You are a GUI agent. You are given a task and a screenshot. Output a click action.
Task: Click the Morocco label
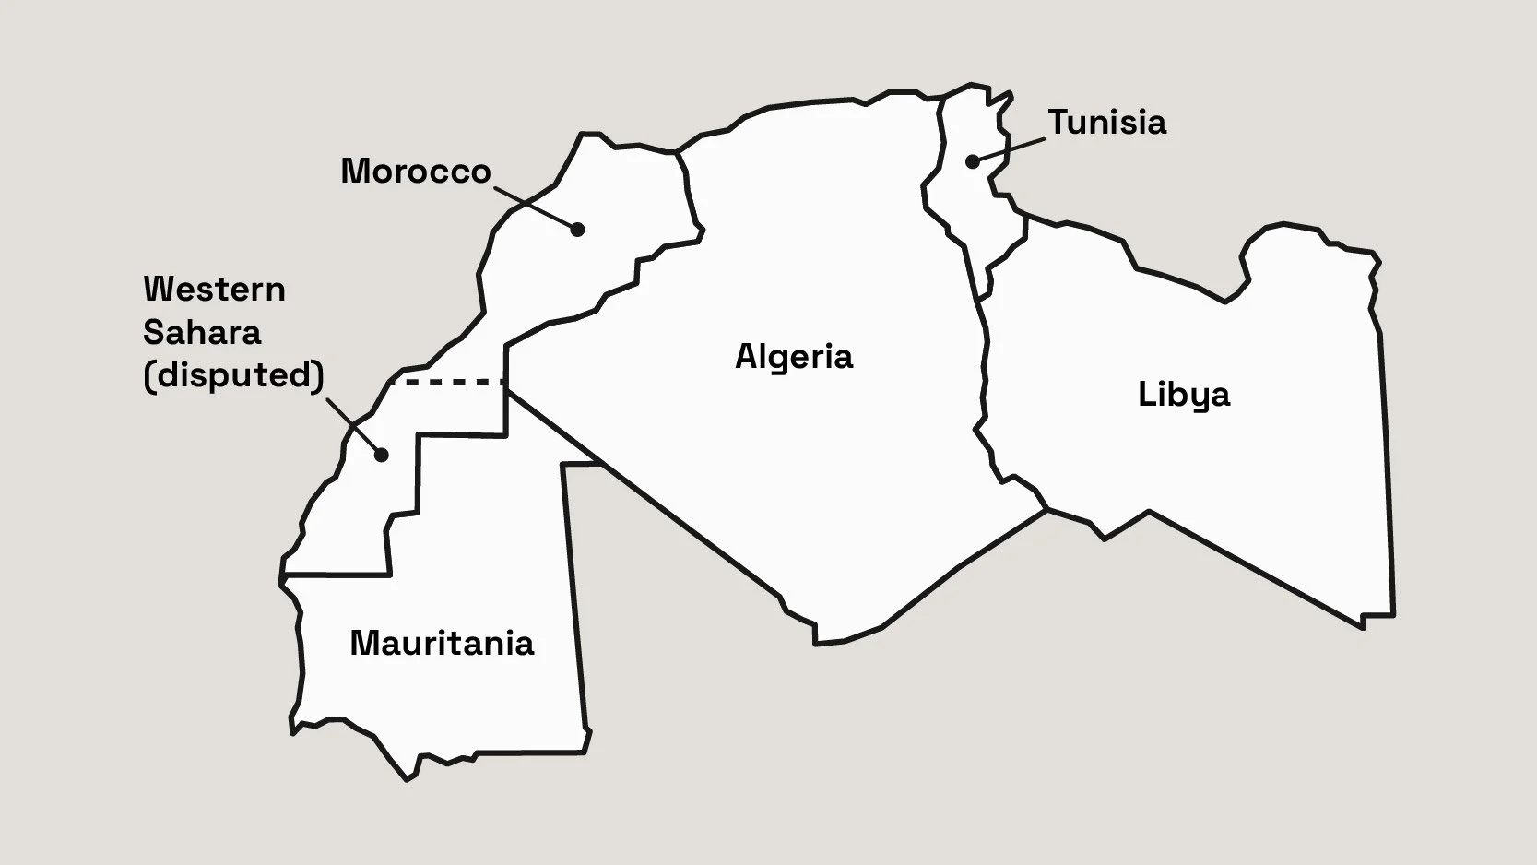point(415,172)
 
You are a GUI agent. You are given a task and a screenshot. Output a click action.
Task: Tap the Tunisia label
point(1107,123)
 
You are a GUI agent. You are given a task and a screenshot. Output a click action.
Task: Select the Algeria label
point(794,357)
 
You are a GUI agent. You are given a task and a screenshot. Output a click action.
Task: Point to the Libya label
point(1184,395)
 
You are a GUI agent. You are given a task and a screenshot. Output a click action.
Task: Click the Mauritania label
point(442,643)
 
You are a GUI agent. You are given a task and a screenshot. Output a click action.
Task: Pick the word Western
point(214,290)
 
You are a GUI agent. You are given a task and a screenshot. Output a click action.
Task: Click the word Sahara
point(202,332)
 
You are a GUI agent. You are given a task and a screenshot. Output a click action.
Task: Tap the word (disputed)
point(234,375)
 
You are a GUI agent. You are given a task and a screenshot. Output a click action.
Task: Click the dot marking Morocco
point(577,229)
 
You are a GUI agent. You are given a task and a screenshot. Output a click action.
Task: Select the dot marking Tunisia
point(973,161)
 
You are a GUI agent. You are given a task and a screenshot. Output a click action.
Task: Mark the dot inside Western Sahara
point(381,454)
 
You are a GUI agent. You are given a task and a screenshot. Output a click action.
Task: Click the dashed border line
point(447,381)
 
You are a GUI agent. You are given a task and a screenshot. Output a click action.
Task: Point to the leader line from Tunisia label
point(1010,150)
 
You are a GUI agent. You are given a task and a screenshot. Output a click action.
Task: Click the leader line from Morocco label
point(535,207)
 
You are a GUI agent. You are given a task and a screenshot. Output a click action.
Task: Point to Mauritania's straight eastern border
point(573,599)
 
